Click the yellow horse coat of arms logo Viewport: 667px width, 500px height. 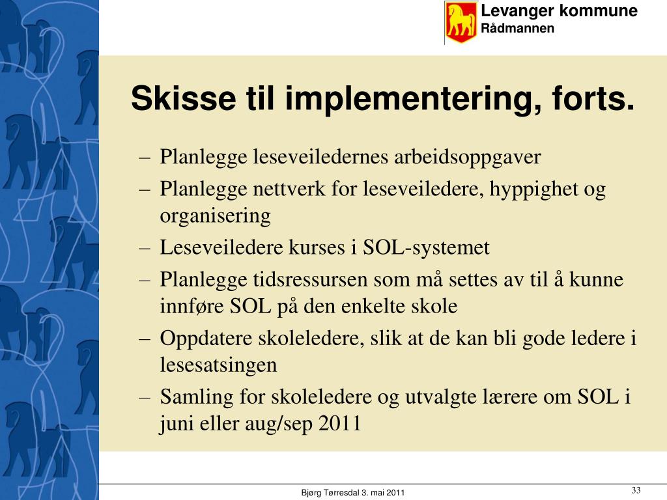pos(461,22)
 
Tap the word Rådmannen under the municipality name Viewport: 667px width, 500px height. pos(517,28)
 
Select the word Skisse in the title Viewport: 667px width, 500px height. pos(183,98)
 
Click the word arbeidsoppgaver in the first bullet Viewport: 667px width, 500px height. pos(467,158)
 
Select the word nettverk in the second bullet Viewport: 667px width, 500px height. pos(289,188)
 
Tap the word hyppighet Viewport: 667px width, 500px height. pos(533,189)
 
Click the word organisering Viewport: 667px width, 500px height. pos(215,216)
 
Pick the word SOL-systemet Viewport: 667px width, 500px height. pos(426,247)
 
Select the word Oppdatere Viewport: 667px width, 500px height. pos(206,339)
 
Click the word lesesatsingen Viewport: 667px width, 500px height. pos(218,365)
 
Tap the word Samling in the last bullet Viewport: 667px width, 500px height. pos(197,397)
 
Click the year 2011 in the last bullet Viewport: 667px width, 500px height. pos(340,423)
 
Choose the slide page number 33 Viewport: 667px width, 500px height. pos(636,490)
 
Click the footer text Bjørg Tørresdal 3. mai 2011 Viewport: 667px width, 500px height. pos(352,493)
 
